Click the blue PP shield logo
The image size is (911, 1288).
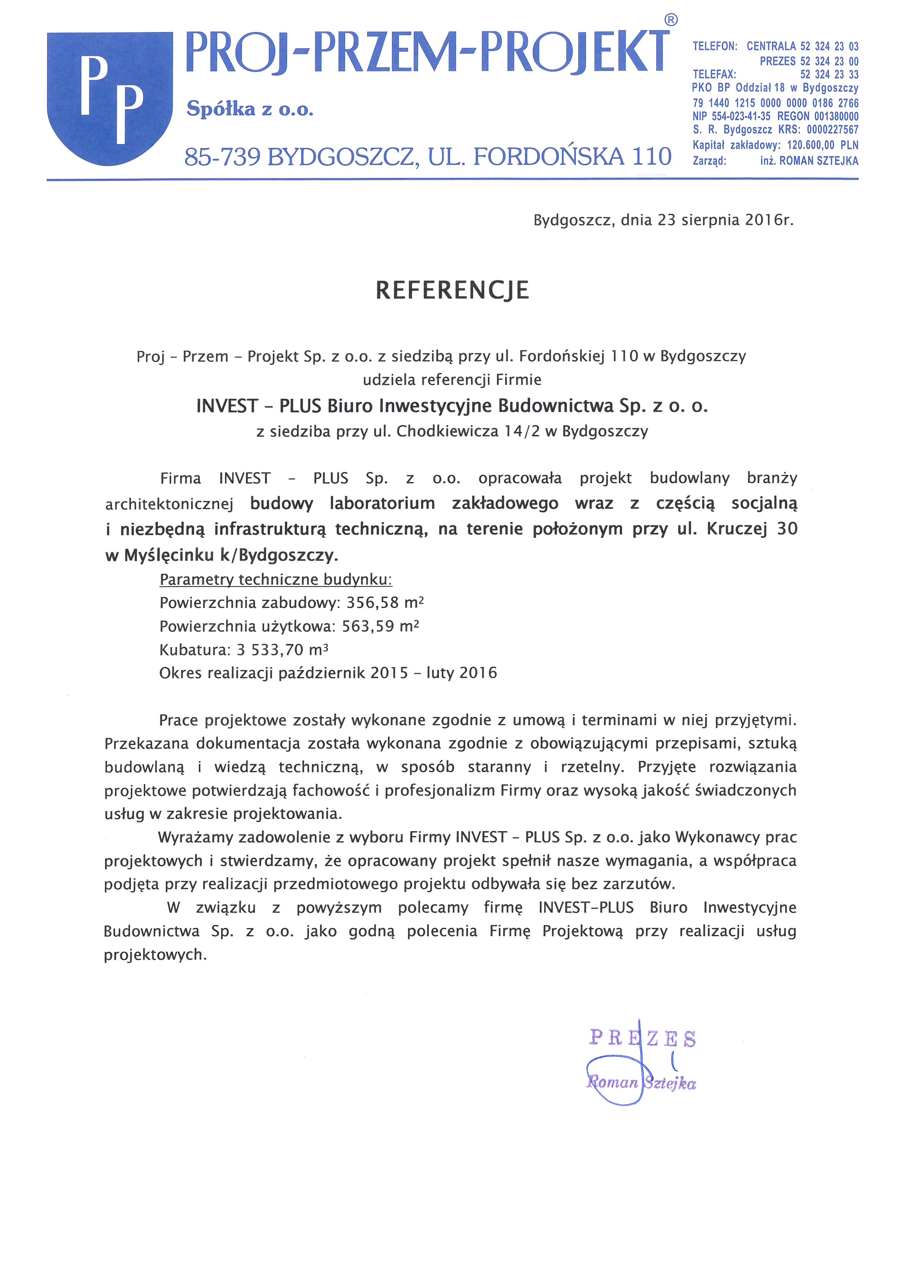pyautogui.click(x=110, y=98)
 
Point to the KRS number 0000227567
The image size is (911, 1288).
pyautogui.click(x=832, y=130)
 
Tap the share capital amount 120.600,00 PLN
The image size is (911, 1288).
pyautogui.click(x=822, y=145)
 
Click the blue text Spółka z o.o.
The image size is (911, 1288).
pyautogui.click(x=250, y=109)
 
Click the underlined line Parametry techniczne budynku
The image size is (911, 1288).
pyautogui.click(x=276, y=579)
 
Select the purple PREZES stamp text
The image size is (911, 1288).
pyautogui.click(x=643, y=1038)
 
